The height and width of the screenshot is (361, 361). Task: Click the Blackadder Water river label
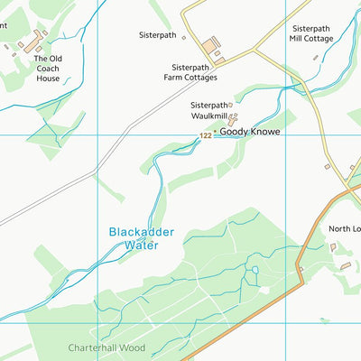click(141, 238)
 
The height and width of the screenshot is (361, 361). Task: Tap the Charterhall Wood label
click(106, 347)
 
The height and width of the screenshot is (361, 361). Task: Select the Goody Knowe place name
click(250, 132)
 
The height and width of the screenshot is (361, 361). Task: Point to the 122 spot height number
click(206, 136)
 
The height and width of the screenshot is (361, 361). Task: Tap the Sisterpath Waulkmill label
click(209, 110)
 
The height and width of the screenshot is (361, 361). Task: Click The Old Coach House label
click(47, 69)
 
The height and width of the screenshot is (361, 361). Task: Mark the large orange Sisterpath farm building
click(211, 44)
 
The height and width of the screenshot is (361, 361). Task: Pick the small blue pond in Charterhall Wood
click(255, 270)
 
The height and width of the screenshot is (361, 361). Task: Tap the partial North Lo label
click(344, 229)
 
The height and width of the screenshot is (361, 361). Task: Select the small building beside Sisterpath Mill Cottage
click(315, 58)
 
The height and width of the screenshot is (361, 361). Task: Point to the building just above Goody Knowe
click(233, 118)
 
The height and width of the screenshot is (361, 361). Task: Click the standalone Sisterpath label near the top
click(158, 35)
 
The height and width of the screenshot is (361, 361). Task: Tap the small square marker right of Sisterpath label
click(183, 38)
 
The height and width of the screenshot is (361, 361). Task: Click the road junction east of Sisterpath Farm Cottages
click(253, 50)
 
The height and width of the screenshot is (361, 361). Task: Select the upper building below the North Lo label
click(333, 246)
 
